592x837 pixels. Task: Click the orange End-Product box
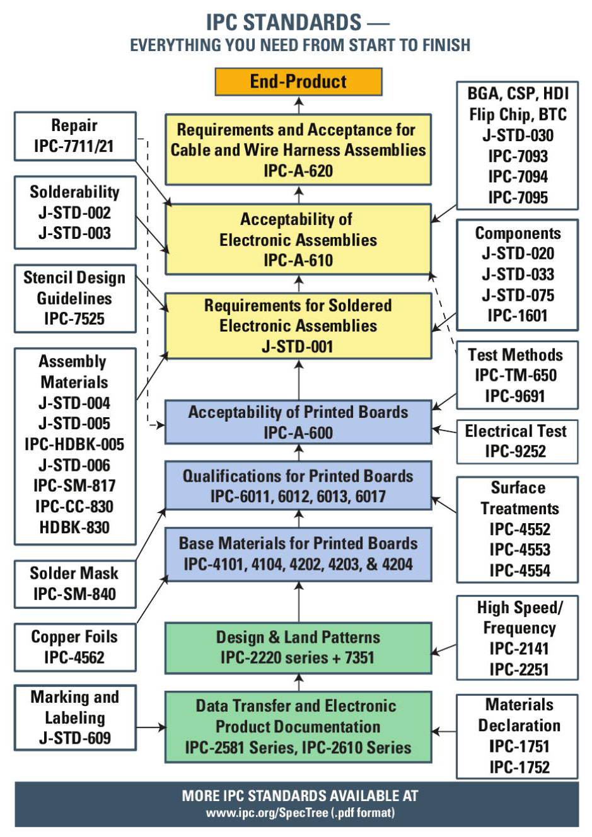tap(298, 82)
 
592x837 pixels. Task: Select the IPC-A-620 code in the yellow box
tap(298, 171)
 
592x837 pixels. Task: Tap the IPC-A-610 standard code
tap(298, 260)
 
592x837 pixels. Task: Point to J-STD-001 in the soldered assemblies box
tap(298, 347)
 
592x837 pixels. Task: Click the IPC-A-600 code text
tap(298, 433)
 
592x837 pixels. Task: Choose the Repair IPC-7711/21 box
tap(74, 136)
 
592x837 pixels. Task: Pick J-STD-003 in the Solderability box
tap(74, 233)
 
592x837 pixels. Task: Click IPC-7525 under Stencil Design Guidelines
tap(74, 319)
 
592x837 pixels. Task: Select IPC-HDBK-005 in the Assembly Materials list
tap(74, 444)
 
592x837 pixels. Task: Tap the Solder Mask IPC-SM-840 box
tap(74, 584)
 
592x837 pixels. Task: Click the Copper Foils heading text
tap(74, 637)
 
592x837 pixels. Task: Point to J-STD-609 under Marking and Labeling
tap(74, 738)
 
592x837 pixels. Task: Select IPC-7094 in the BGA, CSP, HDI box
tap(518, 176)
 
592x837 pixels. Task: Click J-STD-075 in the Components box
tap(518, 295)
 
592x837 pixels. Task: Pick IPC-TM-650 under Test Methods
tap(516, 376)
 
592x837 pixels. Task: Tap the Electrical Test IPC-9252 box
tap(516, 441)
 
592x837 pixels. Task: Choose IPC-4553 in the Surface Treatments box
tap(519, 550)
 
